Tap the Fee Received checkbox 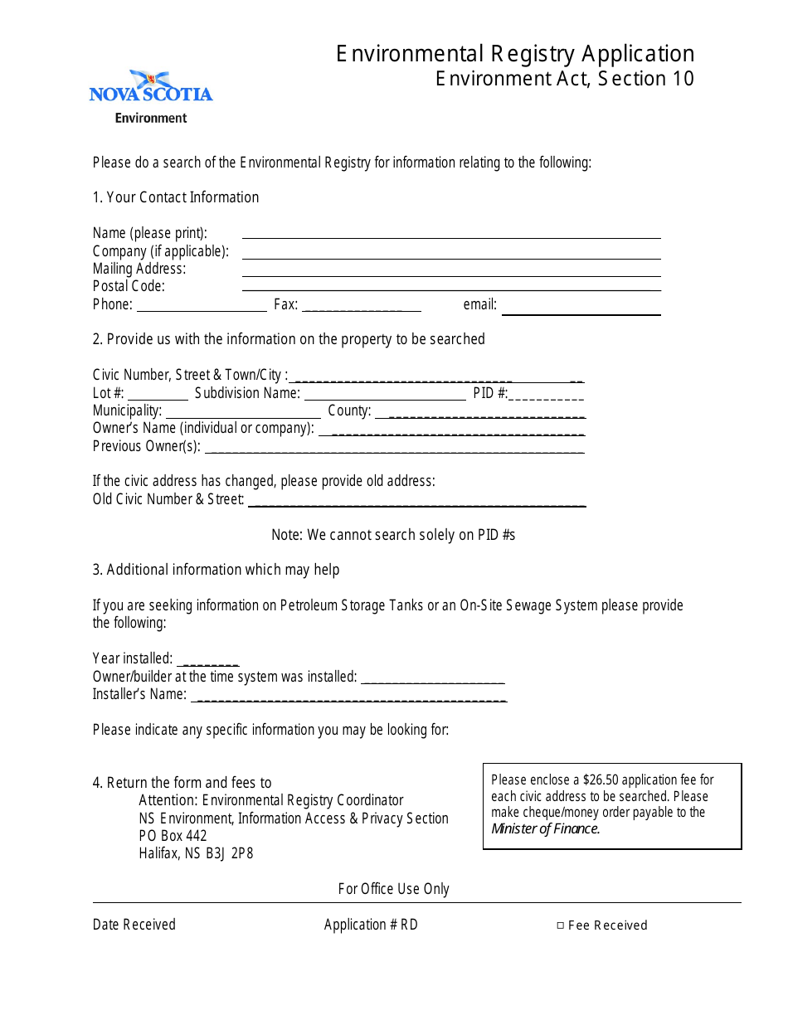tap(561, 925)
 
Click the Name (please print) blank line tap(451, 234)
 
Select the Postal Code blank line tap(451, 287)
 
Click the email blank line tap(581, 311)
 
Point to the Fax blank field tap(362, 307)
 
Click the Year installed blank tap(209, 661)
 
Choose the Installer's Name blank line tap(348, 697)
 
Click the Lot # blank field tap(158, 396)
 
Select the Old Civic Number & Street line tap(416, 503)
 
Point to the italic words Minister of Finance tap(545, 828)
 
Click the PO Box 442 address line tap(173, 836)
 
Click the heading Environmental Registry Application tap(515, 54)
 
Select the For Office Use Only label tap(394, 889)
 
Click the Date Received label tap(134, 925)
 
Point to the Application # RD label tap(371, 925)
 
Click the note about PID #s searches tap(393, 535)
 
